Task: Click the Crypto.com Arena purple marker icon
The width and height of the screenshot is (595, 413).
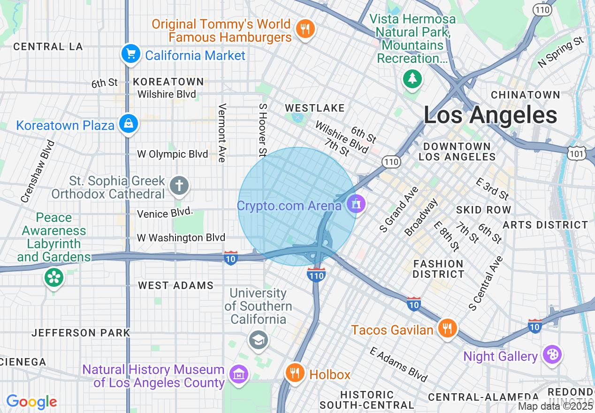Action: coord(356,203)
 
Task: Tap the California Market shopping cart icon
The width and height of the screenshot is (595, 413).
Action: coord(131,54)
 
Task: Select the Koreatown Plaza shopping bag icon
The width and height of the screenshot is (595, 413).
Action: coord(128,124)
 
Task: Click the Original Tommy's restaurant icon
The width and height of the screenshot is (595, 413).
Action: coord(305,29)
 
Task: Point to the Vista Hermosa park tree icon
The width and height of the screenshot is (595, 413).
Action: coord(412,78)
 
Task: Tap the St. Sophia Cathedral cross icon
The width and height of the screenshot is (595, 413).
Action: coord(178,185)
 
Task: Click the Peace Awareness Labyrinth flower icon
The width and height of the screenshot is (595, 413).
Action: coord(54,277)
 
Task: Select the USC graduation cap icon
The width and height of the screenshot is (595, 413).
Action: coord(258,340)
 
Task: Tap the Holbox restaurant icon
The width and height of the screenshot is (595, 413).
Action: coord(295,373)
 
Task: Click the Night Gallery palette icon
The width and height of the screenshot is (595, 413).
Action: coord(552,355)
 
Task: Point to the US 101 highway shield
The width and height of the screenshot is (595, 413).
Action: coord(577,153)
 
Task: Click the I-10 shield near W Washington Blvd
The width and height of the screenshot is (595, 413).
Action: coord(230,258)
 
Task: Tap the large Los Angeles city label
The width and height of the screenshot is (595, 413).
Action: coord(490,115)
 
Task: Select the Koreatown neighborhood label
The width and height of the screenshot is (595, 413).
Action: coord(168,82)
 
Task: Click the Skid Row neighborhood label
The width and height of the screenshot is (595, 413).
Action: coord(483,209)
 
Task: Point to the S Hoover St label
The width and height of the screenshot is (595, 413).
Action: coord(262,130)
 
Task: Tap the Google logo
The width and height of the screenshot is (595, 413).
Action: coord(31,402)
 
